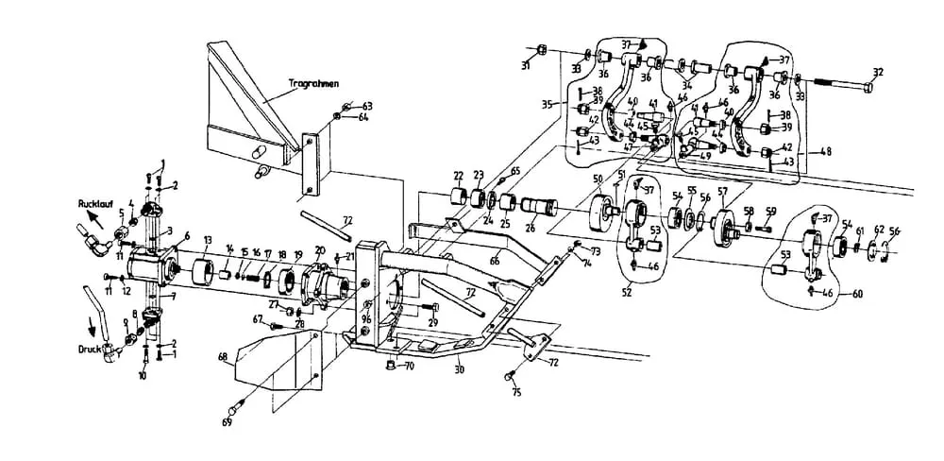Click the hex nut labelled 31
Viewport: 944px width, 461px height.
pyautogui.click(x=541, y=50)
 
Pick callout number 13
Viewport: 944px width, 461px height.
pyautogui.click(x=208, y=239)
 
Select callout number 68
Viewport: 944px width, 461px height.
pyautogui.click(x=223, y=357)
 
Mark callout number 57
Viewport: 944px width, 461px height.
pyautogui.click(x=723, y=193)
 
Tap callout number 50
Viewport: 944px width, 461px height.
pyautogui.click(x=598, y=179)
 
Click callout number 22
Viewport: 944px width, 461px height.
pyautogui.click(x=458, y=176)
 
